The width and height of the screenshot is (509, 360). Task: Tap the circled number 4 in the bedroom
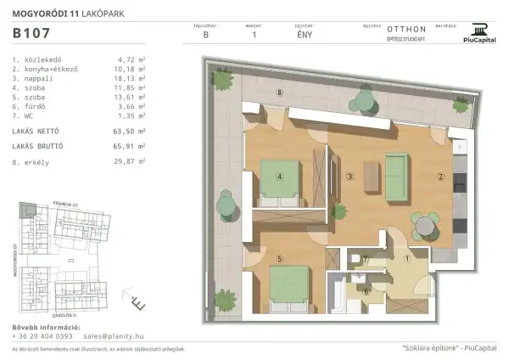[279, 177]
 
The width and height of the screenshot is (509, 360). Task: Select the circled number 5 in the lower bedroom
[279, 258]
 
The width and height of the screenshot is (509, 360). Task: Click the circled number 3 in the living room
[350, 177]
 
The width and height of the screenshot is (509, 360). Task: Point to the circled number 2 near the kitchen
[440, 177]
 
